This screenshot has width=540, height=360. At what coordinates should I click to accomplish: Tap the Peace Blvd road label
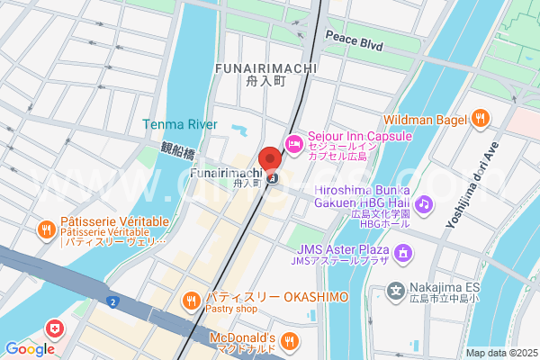pyautogui.click(x=354, y=42)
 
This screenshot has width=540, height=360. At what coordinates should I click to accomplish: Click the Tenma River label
pyautogui.click(x=179, y=124)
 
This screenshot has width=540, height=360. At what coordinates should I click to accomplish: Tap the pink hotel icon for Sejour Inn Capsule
pyautogui.click(x=293, y=143)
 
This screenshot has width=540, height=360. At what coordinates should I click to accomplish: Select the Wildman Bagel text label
pyautogui.click(x=425, y=119)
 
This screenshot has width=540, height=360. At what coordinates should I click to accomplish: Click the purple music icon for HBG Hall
pyautogui.click(x=425, y=203)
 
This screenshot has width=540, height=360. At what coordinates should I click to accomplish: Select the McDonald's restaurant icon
pyautogui.click(x=289, y=340)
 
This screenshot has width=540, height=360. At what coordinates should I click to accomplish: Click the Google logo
pyautogui.click(x=30, y=349)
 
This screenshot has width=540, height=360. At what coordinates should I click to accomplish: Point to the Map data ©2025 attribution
pyautogui.click(x=500, y=353)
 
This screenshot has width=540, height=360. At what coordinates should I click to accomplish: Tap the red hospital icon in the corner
pyautogui.click(x=57, y=328)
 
